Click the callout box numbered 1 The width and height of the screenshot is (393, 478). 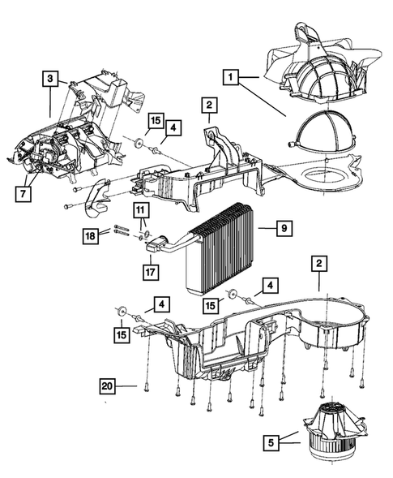(x=231, y=77)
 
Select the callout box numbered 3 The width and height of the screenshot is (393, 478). (x=50, y=79)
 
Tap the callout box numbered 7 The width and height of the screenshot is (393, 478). (x=23, y=194)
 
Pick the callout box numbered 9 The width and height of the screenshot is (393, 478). (x=284, y=228)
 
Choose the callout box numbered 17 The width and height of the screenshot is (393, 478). (x=151, y=272)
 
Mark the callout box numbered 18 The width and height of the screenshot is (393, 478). (x=91, y=236)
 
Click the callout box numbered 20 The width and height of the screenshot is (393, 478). (x=108, y=386)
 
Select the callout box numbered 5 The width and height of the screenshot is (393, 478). (x=271, y=442)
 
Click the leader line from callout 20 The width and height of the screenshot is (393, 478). (x=126, y=386)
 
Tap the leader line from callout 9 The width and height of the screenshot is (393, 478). (x=267, y=228)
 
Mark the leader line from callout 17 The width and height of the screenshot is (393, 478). (x=151, y=260)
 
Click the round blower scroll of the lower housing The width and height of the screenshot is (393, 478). (x=334, y=325)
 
